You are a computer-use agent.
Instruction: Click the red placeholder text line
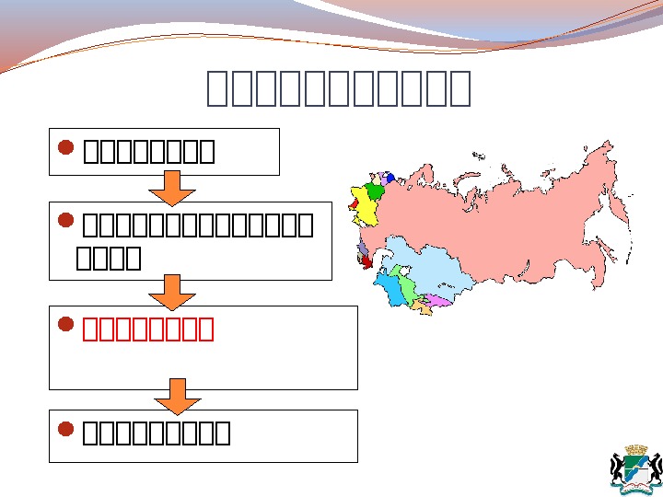click(x=148, y=329)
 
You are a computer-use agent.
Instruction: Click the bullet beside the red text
click(x=64, y=325)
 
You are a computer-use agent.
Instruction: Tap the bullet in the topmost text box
click(x=64, y=146)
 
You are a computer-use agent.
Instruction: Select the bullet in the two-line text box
click(x=64, y=220)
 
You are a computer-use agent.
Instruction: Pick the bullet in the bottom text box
click(x=64, y=429)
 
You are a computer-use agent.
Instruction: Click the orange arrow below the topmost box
click(x=171, y=188)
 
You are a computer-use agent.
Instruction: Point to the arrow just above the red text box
click(x=171, y=293)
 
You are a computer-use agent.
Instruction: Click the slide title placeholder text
click(x=339, y=88)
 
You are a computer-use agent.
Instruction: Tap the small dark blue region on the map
click(x=390, y=178)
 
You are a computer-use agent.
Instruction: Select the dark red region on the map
click(x=366, y=262)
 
